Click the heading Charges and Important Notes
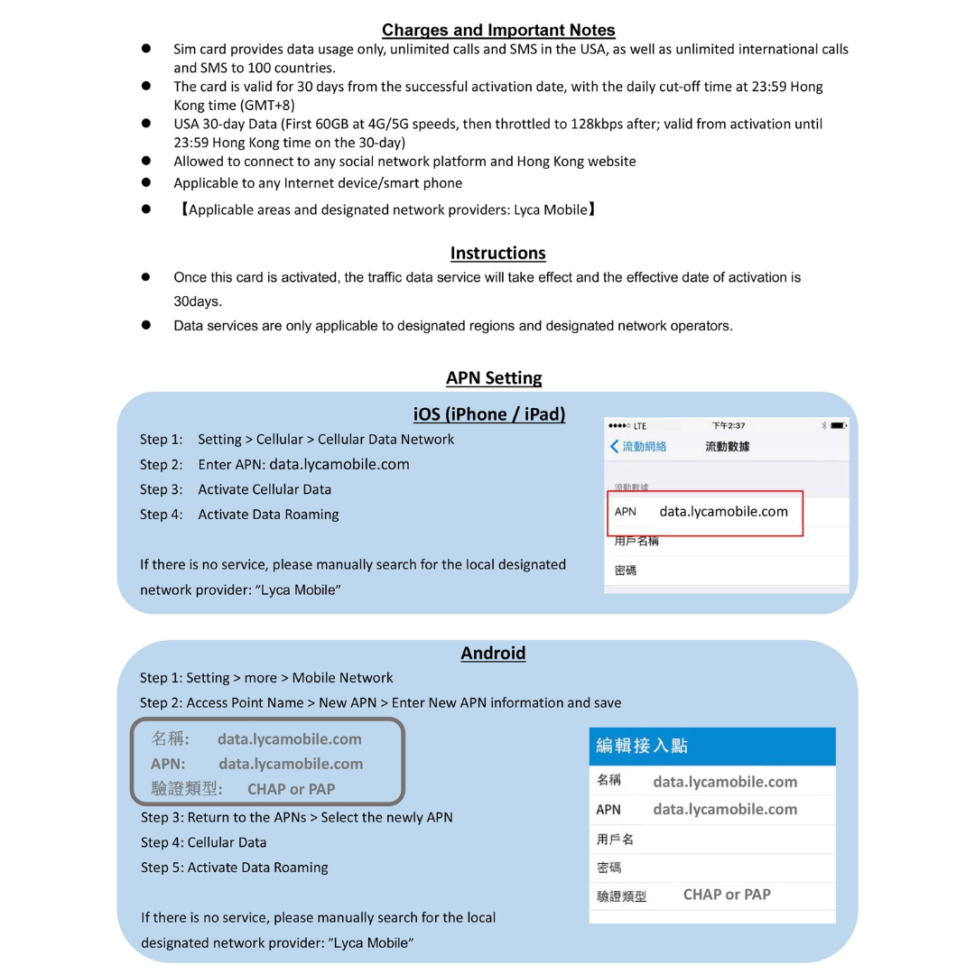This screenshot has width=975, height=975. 498,30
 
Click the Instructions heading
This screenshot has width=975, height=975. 497,253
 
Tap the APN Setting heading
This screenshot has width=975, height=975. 494,377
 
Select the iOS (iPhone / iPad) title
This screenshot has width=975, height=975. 489,413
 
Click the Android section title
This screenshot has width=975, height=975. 493,653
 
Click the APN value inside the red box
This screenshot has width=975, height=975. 723,511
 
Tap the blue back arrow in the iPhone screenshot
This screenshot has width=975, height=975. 615,446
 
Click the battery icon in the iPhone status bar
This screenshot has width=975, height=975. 839,425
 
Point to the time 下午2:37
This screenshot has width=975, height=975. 729,425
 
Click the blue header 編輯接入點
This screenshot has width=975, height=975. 642,745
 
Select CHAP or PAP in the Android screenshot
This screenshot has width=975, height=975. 727,895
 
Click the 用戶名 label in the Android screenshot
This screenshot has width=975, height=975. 615,839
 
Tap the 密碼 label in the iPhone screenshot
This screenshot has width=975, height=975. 625,570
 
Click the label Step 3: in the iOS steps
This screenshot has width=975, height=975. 161,489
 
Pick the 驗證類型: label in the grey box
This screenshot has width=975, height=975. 187,788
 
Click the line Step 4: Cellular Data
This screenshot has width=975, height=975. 203,842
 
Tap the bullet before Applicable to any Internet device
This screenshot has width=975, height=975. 145,182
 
